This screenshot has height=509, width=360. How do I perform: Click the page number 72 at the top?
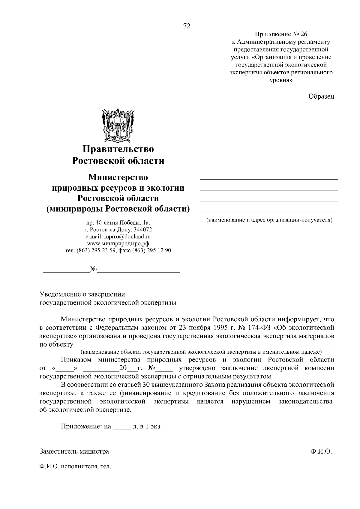(187, 26)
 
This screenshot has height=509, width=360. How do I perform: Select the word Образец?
(321, 96)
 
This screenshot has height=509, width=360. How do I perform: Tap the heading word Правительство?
(118, 149)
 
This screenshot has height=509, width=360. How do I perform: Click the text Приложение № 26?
(281, 34)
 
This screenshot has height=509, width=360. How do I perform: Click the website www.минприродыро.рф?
(118, 243)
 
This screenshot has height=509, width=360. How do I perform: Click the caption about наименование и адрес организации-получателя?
(269, 220)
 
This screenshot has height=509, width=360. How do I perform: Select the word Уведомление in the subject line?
(60, 294)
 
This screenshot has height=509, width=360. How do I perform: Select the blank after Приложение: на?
(121, 427)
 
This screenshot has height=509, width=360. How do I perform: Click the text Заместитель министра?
(74, 451)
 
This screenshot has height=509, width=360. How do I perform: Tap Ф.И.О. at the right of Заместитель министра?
(321, 451)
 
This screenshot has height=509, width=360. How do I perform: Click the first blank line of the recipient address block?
(269, 179)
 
